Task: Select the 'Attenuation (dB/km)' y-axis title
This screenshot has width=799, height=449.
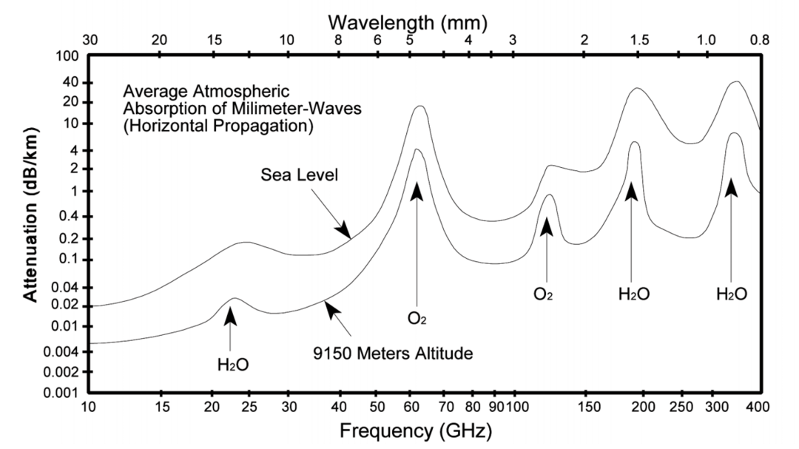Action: [x=30, y=215]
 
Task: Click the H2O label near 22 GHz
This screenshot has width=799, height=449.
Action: [x=232, y=364]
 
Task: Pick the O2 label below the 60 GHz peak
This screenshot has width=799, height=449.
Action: [x=417, y=318]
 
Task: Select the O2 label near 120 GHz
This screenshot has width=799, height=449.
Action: [x=546, y=294]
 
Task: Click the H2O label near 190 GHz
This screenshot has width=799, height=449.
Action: [x=634, y=294]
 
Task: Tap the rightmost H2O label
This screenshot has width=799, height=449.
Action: [x=731, y=294]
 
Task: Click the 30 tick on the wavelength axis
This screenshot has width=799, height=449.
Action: [x=90, y=40]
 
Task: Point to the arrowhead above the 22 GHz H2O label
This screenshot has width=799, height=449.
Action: [x=231, y=315]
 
